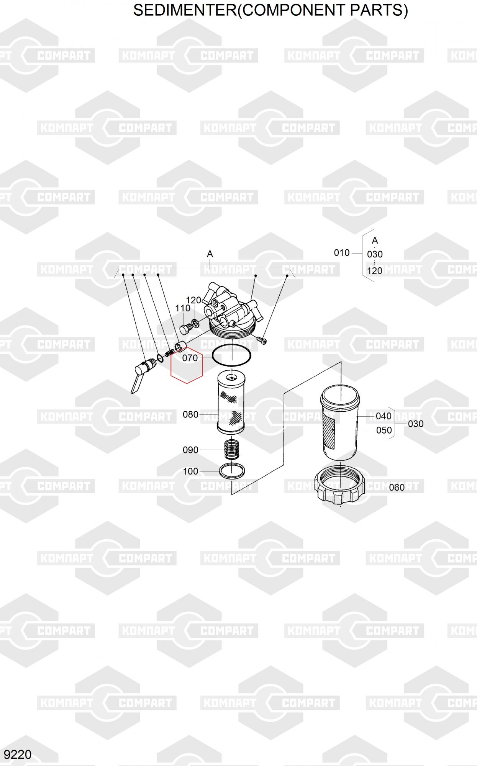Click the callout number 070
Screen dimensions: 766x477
coord(190,358)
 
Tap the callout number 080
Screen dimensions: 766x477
coord(190,414)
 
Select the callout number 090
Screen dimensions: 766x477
coord(190,450)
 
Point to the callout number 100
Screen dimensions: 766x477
coord(190,471)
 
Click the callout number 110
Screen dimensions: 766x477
coord(183,308)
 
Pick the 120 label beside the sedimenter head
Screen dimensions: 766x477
coord(194,300)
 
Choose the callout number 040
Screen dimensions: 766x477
coord(384,416)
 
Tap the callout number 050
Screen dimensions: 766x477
coord(384,430)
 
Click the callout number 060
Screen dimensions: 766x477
coord(397,488)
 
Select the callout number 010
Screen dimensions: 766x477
coord(342,253)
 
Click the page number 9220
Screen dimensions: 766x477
coord(18,755)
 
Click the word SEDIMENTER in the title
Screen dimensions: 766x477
coord(185,10)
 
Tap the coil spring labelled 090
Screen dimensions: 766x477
coord(231,449)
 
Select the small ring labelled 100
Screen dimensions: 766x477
coord(232,471)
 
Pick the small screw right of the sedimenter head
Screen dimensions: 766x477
coord(262,340)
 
